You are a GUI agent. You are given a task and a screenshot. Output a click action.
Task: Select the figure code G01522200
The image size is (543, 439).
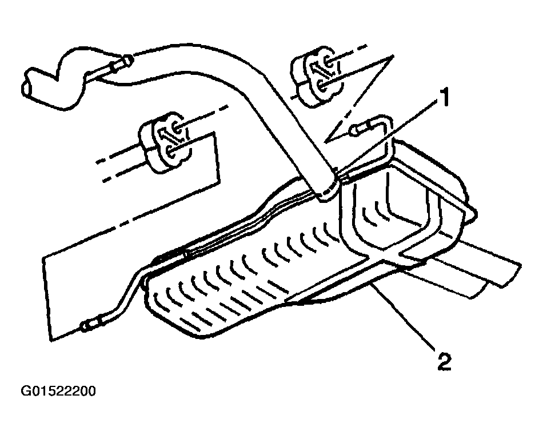[58, 391]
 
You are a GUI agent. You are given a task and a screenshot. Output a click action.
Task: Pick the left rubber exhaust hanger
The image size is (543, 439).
[165, 141]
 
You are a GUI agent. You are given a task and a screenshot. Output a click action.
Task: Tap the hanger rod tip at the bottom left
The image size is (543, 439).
[84, 326]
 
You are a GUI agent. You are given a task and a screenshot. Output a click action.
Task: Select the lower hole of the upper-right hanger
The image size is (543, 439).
[321, 84]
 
